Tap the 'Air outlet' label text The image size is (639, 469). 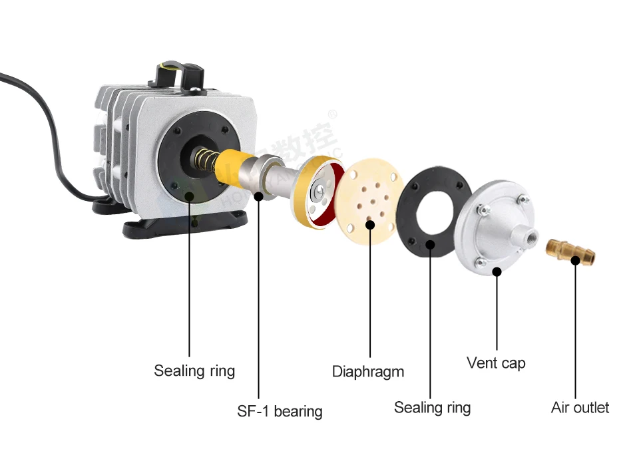[580, 407]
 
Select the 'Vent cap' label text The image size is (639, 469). [496, 363]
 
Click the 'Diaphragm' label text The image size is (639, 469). [368, 371]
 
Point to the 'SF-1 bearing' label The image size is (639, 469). [280, 411]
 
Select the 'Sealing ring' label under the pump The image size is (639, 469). [194, 370]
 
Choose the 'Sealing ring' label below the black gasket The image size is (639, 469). [432, 407]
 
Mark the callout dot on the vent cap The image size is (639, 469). [497, 271]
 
